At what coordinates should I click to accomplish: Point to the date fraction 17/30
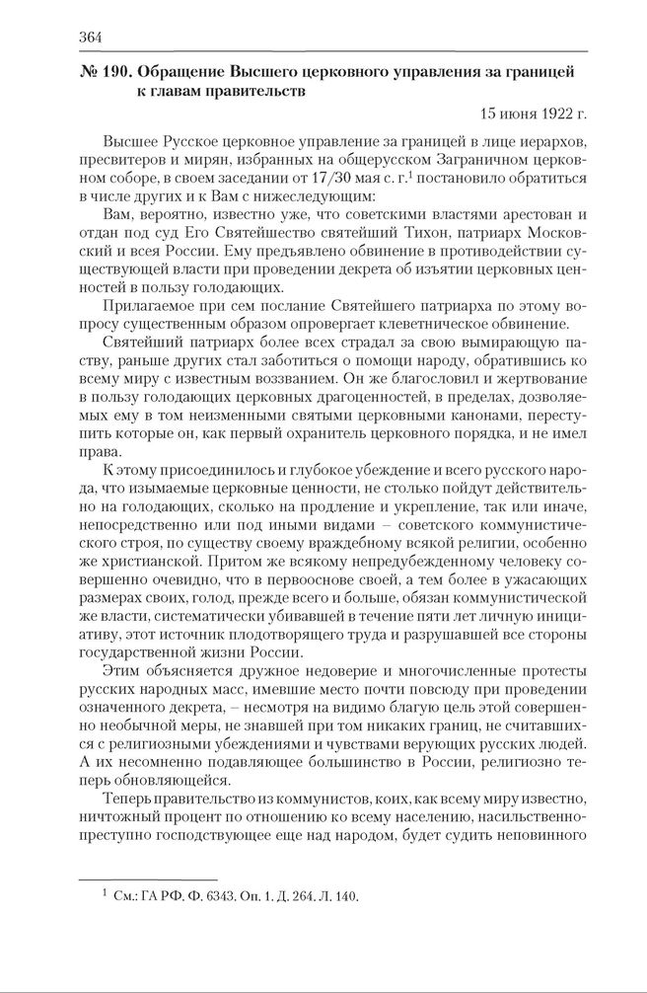coord(318,178)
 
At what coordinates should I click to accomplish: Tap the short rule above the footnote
coord(147,878)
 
